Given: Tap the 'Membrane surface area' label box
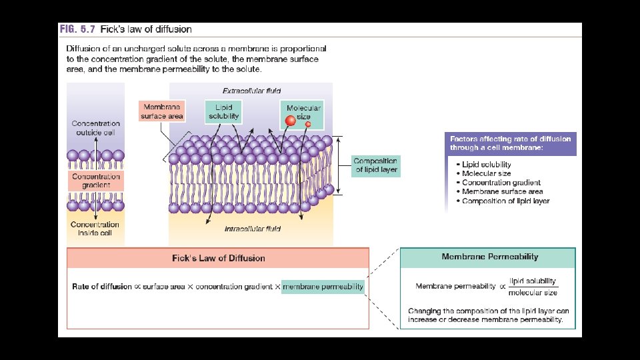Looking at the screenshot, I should pyautogui.click(x=162, y=111).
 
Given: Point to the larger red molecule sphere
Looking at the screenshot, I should pyautogui.click(x=291, y=121).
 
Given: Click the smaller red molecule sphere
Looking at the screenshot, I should pyautogui.click(x=308, y=125).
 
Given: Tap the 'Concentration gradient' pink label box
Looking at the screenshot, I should pyautogui.click(x=96, y=181).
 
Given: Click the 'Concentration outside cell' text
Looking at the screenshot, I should pyautogui.click(x=96, y=128).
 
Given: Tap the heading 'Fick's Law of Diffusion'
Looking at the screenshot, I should pyautogui.click(x=218, y=258).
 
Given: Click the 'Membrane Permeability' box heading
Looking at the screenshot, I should pyautogui.click(x=490, y=257).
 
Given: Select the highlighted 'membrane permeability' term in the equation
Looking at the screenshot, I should pyautogui.click(x=323, y=287).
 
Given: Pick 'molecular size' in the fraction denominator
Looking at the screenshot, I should pyautogui.click(x=533, y=293).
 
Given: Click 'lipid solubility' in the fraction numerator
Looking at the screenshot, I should pyautogui.click(x=533, y=281).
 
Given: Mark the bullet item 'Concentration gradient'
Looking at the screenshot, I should pyautogui.click(x=501, y=183).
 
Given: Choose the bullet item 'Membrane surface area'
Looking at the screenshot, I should pyautogui.click(x=502, y=192).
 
